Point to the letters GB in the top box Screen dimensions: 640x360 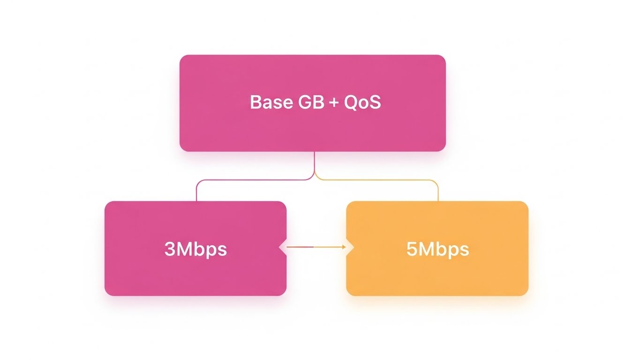coord(311,102)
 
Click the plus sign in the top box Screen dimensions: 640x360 coord(334,103)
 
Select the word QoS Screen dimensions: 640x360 coord(362,102)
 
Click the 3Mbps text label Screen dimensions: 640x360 coord(196,249)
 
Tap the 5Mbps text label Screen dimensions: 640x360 coord(437,249)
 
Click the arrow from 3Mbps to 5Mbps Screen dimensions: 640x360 coord(314,247)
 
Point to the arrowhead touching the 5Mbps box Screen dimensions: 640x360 coord(344,247)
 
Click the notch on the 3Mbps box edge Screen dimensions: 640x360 coord(283,247)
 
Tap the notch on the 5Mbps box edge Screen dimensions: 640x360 coord(350,247)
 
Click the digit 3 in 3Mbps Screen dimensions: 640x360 coord(169,249)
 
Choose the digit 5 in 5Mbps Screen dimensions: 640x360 coord(411,249)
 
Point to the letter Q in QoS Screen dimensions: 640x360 coord(351,102)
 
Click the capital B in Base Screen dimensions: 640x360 coord(256,102)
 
